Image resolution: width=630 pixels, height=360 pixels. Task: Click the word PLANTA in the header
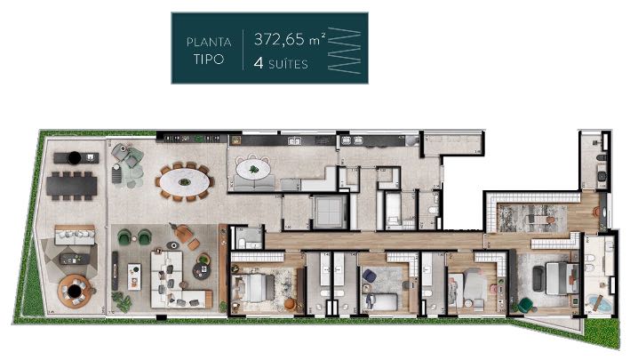(209, 41)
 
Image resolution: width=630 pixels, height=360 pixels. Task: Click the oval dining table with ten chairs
(185, 183)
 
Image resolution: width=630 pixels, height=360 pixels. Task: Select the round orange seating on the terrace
(71, 289)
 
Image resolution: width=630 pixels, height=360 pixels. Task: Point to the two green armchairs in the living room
(135, 236)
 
